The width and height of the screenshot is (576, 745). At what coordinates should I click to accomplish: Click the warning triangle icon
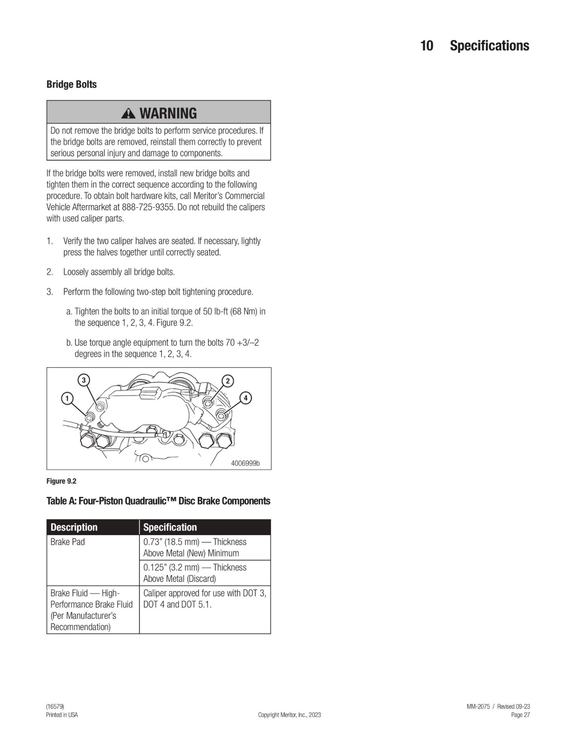(129, 113)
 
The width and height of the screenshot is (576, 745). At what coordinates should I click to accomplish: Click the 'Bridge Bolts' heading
(71, 84)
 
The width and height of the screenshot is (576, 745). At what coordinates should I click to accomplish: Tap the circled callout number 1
(67, 398)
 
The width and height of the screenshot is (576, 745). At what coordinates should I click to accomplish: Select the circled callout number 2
(227, 381)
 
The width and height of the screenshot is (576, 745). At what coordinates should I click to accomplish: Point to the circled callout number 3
(84, 380)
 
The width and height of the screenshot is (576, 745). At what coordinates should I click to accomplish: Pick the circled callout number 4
(246, 398)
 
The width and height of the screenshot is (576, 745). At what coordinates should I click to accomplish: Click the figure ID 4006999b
(245, 464)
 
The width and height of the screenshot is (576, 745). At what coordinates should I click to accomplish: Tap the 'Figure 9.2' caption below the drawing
(61, 481)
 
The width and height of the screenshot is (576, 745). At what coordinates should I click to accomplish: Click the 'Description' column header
(74, 527)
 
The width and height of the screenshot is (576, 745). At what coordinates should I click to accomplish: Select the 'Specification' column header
(170, 527)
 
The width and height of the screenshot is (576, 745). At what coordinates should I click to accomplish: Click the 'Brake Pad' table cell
(68, 542)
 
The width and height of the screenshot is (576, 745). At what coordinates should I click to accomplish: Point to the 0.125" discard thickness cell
(195, 573)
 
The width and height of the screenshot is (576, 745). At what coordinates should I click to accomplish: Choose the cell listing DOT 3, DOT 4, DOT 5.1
(204, 599)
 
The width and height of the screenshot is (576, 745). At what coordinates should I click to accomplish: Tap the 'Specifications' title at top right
(489, 46)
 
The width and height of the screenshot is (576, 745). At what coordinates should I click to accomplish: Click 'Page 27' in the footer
(520, 715)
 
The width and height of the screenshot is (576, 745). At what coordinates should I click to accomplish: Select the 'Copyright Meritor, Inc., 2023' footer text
(289, 715)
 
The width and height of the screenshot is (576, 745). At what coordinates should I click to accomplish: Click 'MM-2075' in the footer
(478, 707)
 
